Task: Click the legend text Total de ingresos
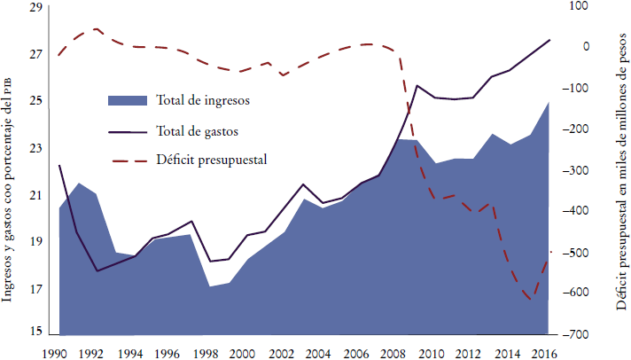(203, 98)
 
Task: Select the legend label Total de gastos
(197, 129)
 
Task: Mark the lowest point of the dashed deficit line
(530, 300)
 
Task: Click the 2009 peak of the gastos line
(417, 85)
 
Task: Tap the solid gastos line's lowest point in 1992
(97, 270)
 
